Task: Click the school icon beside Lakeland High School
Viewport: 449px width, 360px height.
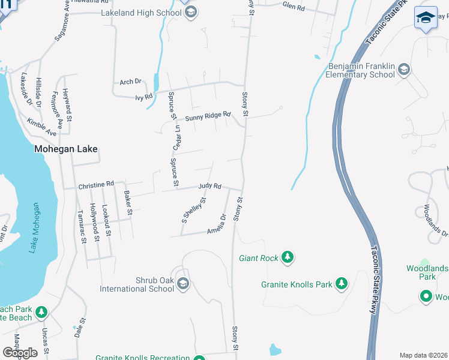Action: point(191,13)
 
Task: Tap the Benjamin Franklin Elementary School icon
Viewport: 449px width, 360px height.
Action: point(404,70)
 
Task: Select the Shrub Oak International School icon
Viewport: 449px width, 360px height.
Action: point(183,284)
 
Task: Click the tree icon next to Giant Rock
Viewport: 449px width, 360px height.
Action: point(288,258)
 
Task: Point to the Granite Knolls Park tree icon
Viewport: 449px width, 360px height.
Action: point(342,283)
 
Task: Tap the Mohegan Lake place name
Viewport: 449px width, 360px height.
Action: point(65,149)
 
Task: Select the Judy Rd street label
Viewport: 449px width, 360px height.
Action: point(209,187)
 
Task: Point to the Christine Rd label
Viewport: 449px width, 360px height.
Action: point(95,185)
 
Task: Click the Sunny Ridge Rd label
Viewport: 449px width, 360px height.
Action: point(208,117)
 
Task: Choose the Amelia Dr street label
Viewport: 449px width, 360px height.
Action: point(217,224)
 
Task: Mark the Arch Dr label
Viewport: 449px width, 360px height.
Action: point(130,82)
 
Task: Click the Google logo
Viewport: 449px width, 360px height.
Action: point(20,353)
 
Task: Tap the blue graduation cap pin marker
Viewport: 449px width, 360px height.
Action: point(426,17)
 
